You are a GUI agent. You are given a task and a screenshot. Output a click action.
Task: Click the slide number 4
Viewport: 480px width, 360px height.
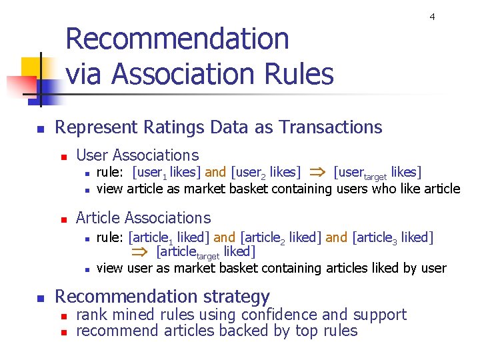tap(432, 17)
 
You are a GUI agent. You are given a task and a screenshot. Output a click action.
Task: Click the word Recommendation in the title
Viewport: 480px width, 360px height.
tap(177, 39)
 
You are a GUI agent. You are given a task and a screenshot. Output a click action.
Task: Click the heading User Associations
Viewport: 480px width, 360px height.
tap(137, 155)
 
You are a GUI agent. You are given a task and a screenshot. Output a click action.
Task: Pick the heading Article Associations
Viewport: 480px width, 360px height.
tap(143, 218)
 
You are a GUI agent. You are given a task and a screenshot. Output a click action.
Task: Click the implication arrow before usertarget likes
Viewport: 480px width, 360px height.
tap(317, 173)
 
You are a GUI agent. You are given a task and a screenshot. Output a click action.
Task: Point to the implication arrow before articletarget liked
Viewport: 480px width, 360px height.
tap(140, 252)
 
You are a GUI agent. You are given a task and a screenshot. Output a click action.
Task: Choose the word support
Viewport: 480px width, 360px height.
tap(379, 315)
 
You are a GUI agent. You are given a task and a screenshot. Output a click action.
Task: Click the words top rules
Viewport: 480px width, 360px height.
tap(329, 331)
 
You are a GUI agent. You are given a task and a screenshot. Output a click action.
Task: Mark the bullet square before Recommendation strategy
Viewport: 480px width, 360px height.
tap(40, 298)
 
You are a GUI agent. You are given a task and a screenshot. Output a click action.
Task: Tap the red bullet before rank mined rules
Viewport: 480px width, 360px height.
tap(63, 316)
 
